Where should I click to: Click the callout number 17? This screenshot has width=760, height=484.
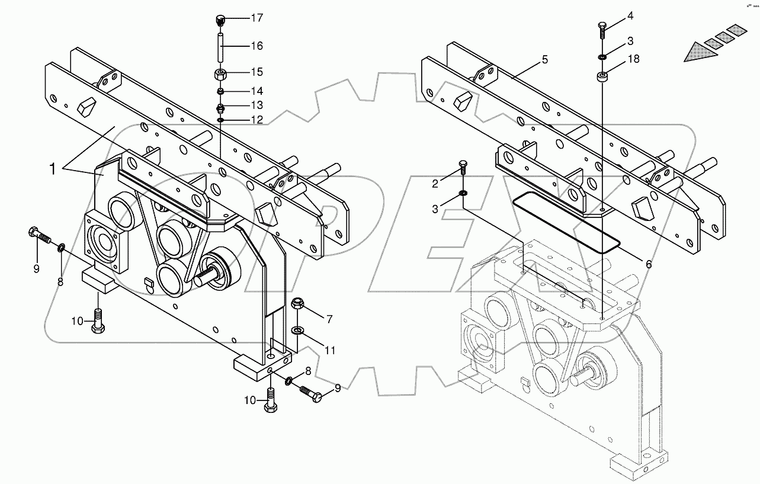tap(256, 18)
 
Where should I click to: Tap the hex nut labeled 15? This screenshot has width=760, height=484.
tap(220, 75)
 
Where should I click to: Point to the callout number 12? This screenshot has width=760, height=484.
tap(256, 120)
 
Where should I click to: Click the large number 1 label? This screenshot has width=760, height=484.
tap(53, 169)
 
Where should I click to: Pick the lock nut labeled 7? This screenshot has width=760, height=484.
tap(297, 306)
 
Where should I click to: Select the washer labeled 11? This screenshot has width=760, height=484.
tap(297, 329)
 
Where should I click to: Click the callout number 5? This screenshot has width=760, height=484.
tap(544, 60)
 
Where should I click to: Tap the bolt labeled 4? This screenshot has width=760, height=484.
tap(601, 28)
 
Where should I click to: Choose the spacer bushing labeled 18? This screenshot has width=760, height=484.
tap(602, 77)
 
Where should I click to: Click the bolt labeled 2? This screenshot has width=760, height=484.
tap(463, 168)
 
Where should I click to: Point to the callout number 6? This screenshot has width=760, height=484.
tap(648, 264)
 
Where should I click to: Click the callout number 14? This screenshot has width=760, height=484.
tap(256, 91)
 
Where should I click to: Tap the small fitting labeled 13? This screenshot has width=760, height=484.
tap(220, 108)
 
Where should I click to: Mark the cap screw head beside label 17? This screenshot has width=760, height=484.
tap(219, 21)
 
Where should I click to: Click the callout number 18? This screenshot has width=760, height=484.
tap(633, 59)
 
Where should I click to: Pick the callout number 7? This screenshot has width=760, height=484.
tap(329, 319)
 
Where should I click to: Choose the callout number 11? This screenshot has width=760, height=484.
tap(329, 350)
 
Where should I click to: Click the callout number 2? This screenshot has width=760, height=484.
tap(435, 184)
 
